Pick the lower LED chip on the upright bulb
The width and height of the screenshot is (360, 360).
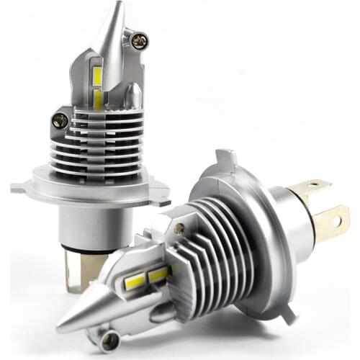click(x=98, y=99)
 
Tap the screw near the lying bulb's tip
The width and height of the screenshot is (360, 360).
click(x=110, y=336)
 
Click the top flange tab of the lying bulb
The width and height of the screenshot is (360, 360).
click(x=225, y=157)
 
